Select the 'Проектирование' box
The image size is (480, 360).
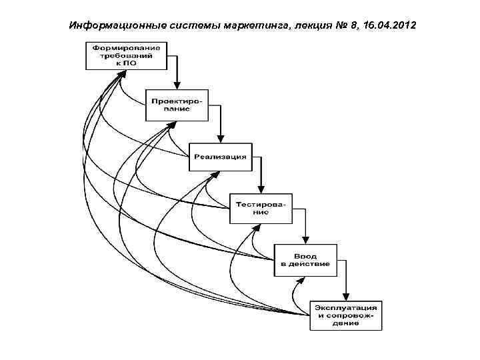click(177, 105)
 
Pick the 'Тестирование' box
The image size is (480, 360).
click(261, 207)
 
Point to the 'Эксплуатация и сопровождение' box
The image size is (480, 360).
click(346, 315)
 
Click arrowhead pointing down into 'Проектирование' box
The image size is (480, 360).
click(177, 85)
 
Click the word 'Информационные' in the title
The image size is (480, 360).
click(111, 25)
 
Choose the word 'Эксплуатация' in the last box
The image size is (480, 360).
click(346, 307)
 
